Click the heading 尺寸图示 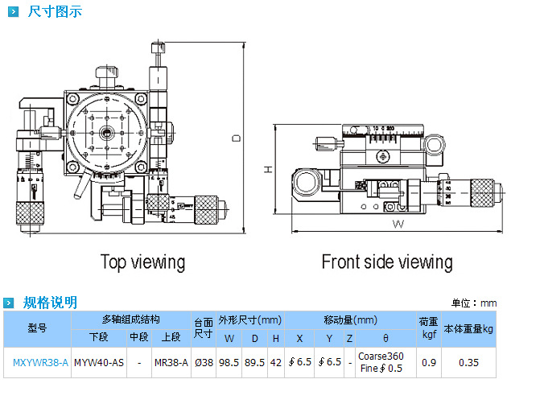pos(54,12)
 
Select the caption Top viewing pos(142,262)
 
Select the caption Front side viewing pos(386,262)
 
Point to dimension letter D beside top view pos(237,138)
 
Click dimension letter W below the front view pos(398,225)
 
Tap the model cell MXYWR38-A pos(40,363)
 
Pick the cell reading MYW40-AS pos(99,363)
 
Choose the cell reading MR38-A pos(171,363)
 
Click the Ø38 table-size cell pos(204,363)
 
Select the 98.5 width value pos(230,363)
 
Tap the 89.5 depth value pos(255,363)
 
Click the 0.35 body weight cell pos(469,363)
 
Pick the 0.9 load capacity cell pos(429,363)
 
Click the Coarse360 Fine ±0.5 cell pos(381,363)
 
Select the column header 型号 pos(38,328)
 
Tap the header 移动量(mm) pos(351,320)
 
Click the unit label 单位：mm pos(474,303)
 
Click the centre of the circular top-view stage pos(105,133)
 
